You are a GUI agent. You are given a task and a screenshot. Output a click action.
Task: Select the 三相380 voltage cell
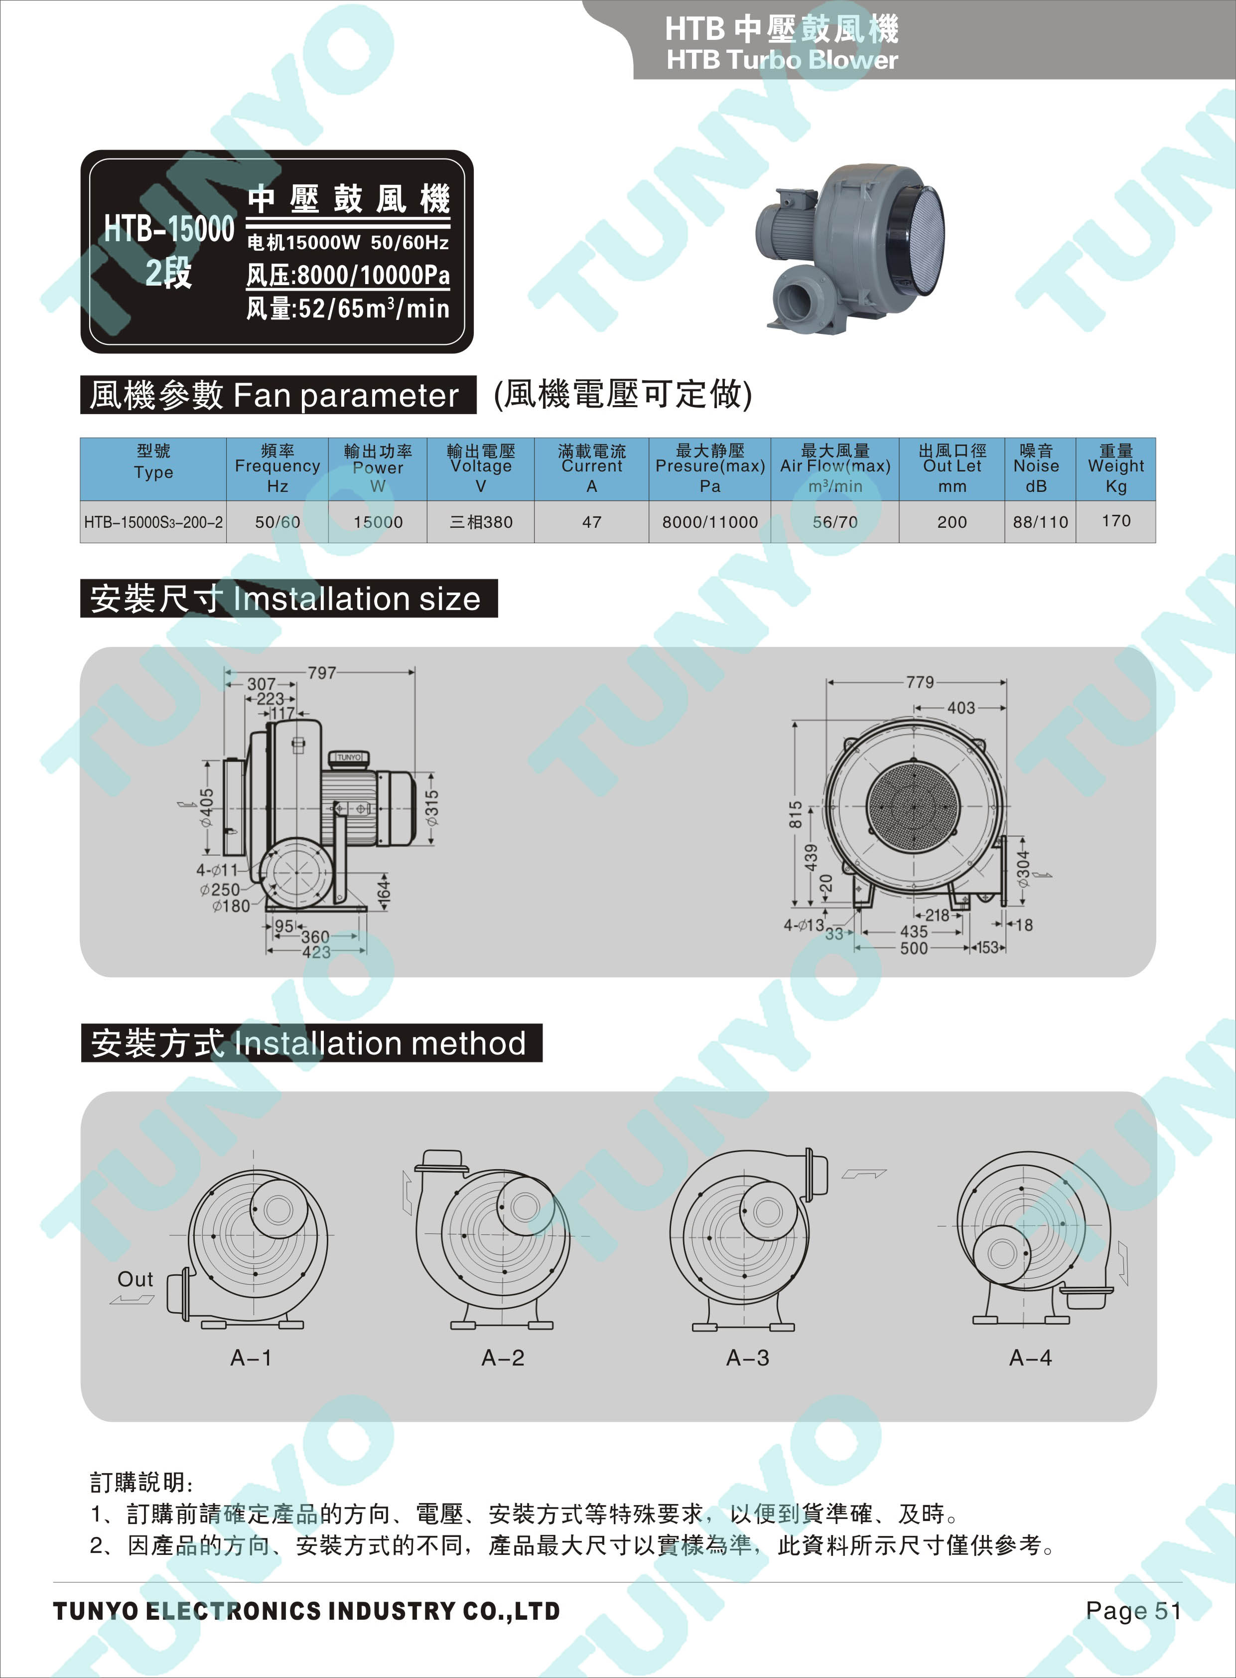(481, 522)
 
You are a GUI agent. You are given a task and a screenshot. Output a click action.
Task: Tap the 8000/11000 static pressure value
(710, 522)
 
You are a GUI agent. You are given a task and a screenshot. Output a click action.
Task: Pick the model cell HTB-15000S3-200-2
(153, 522)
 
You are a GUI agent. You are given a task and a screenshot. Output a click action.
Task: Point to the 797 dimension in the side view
(322, 673)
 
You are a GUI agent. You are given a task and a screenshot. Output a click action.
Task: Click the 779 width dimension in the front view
(920, 682)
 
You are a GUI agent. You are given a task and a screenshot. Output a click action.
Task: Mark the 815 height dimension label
(795, 814)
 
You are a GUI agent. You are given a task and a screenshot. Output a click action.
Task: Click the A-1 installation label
(252, 1358)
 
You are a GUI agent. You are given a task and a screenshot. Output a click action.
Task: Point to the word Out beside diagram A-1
(136, 1279)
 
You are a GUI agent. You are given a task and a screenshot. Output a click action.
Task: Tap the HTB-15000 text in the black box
(169, 228)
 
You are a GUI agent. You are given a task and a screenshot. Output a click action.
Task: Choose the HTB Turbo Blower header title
(782, 60)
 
